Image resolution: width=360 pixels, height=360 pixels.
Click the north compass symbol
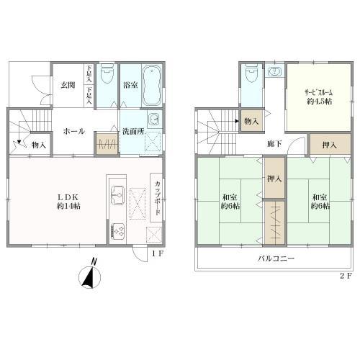pos(90,276)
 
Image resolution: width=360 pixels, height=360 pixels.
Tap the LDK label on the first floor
pos(68,197)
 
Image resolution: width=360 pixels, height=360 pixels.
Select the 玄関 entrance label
pos(68,85)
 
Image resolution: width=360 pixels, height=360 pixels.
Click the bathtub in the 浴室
pos(152,86)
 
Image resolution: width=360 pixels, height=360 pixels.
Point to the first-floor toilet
pos(107,73)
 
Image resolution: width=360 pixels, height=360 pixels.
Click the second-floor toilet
pos(252,73)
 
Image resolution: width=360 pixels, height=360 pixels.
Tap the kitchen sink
pos(118,195)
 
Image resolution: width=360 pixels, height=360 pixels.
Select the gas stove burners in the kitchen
pos(118,230)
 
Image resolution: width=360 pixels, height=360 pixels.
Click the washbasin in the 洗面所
pos(154,119)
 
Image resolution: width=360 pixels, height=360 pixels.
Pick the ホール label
pos(74,131)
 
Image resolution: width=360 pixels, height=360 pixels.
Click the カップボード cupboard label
pos(158,198)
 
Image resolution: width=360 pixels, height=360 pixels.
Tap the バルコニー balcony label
pos(276,258)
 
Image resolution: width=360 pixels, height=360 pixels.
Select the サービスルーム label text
pos(319,92)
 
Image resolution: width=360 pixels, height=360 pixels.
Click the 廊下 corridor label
pos(274,143)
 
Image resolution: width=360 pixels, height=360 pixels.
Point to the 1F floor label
pos(158,253)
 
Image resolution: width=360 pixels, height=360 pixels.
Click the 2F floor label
pos(346,276)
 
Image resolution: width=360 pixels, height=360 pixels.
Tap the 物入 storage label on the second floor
pos(251,121)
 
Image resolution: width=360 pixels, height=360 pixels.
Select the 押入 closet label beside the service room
pos(329,145)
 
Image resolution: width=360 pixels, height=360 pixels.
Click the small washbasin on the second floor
pos(274,71)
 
